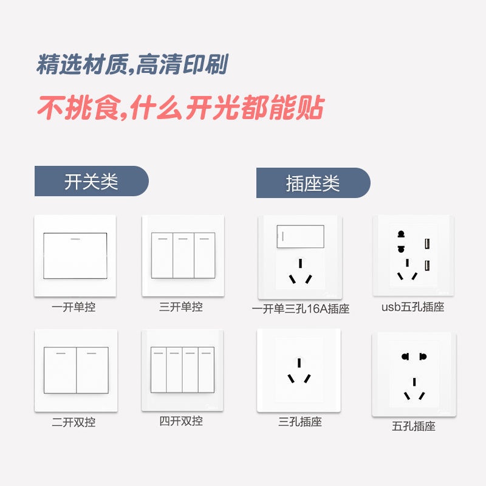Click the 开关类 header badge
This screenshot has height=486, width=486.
pos(92,181)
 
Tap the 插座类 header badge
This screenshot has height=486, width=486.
pos(313,183)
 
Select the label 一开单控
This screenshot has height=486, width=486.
pos(74,307)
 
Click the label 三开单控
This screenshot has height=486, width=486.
pos(181,307)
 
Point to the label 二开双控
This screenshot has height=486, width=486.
pos(74,422)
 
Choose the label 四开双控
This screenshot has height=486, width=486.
pos(181,421)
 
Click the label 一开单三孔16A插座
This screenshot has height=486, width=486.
pos(301,309)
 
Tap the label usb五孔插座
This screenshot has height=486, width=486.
pos(413,307)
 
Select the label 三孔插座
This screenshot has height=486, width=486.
pos(300,422)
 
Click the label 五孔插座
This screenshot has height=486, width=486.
pos(414,426)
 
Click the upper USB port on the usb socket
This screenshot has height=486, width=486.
pos(427,244)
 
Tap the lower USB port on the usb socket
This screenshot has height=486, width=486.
pos(427,265)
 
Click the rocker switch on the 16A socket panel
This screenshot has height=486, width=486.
pos(300,236)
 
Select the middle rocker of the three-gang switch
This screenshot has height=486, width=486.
pos(183,255)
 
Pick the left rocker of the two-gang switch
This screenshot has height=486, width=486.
pos(60,370)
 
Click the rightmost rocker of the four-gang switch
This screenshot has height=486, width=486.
pos(207,370)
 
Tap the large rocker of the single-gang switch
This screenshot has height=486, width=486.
pos(75,256)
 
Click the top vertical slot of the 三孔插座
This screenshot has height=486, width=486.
pos(299,363)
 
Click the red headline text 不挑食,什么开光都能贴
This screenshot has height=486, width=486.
pos(180,108)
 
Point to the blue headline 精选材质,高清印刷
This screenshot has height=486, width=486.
pos(132,64)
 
